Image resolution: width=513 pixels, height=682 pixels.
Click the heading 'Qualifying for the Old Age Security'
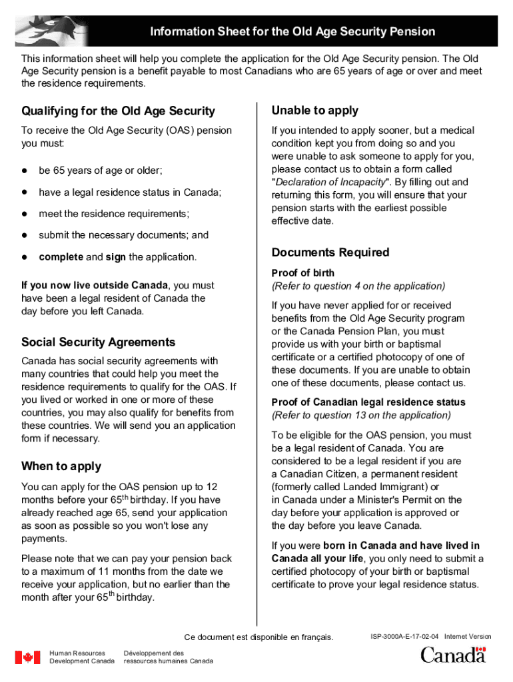point(118,111)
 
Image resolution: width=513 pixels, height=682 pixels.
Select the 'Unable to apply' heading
point(314,111)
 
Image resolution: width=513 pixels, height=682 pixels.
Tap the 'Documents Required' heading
point(330,252)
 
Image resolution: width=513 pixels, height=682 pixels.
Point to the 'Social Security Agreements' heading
point(98,342)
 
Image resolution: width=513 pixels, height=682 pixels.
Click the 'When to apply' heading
point(61,466)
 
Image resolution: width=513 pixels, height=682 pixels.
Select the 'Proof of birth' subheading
point(303,273)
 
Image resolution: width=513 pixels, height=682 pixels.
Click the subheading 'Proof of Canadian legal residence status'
point(368,402)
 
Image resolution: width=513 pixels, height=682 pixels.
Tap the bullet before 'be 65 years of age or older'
point(25,170)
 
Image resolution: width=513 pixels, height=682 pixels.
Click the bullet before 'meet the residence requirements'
point(25,214)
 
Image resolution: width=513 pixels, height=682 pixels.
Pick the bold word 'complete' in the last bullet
point(61,257)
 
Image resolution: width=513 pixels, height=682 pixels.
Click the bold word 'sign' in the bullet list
point(116,257)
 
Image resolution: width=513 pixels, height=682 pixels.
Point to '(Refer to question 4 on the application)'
point(358,286)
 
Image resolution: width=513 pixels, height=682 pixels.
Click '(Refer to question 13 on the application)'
point(360,415)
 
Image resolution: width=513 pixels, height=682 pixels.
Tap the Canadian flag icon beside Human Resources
point(28,657)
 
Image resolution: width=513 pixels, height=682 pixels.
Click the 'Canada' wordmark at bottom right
point(452,655)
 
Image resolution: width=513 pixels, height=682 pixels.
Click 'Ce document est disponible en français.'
point(258,637)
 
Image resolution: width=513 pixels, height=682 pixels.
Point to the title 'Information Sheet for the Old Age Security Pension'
point(292,32)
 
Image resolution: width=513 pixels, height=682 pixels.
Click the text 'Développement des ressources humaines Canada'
point(169,657)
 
